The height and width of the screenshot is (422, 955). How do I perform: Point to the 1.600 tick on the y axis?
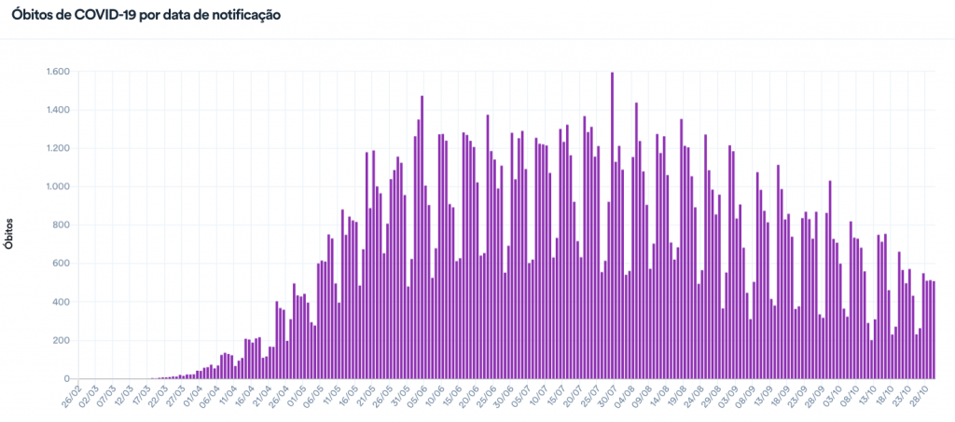pos(58,72)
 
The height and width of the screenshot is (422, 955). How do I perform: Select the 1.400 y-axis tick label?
pos(58,110)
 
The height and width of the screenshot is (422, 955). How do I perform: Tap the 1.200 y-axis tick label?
pos(58,148)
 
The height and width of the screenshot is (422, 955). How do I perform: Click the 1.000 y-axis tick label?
pos(58,187)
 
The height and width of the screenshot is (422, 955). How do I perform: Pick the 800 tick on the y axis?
pos(62,225)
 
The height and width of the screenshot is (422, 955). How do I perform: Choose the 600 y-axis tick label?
pos(62,264)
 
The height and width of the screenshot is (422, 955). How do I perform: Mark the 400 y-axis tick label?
pos(62,303)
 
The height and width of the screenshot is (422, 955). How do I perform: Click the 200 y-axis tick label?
pos(62,341)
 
